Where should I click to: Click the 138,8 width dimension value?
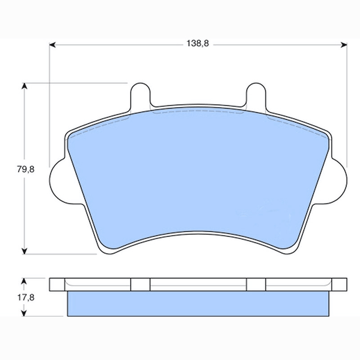(x=198, y=43)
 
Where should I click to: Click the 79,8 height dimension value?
(x=26, y=170)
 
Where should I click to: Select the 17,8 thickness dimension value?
(x=26, y=297)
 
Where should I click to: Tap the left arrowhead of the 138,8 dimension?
(x=52, y=45)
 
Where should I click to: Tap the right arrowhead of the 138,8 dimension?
(x=344, y=45)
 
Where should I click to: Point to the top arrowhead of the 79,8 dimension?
(x=24, y=86)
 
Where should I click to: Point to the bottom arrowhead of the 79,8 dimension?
(x=24, y=251)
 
